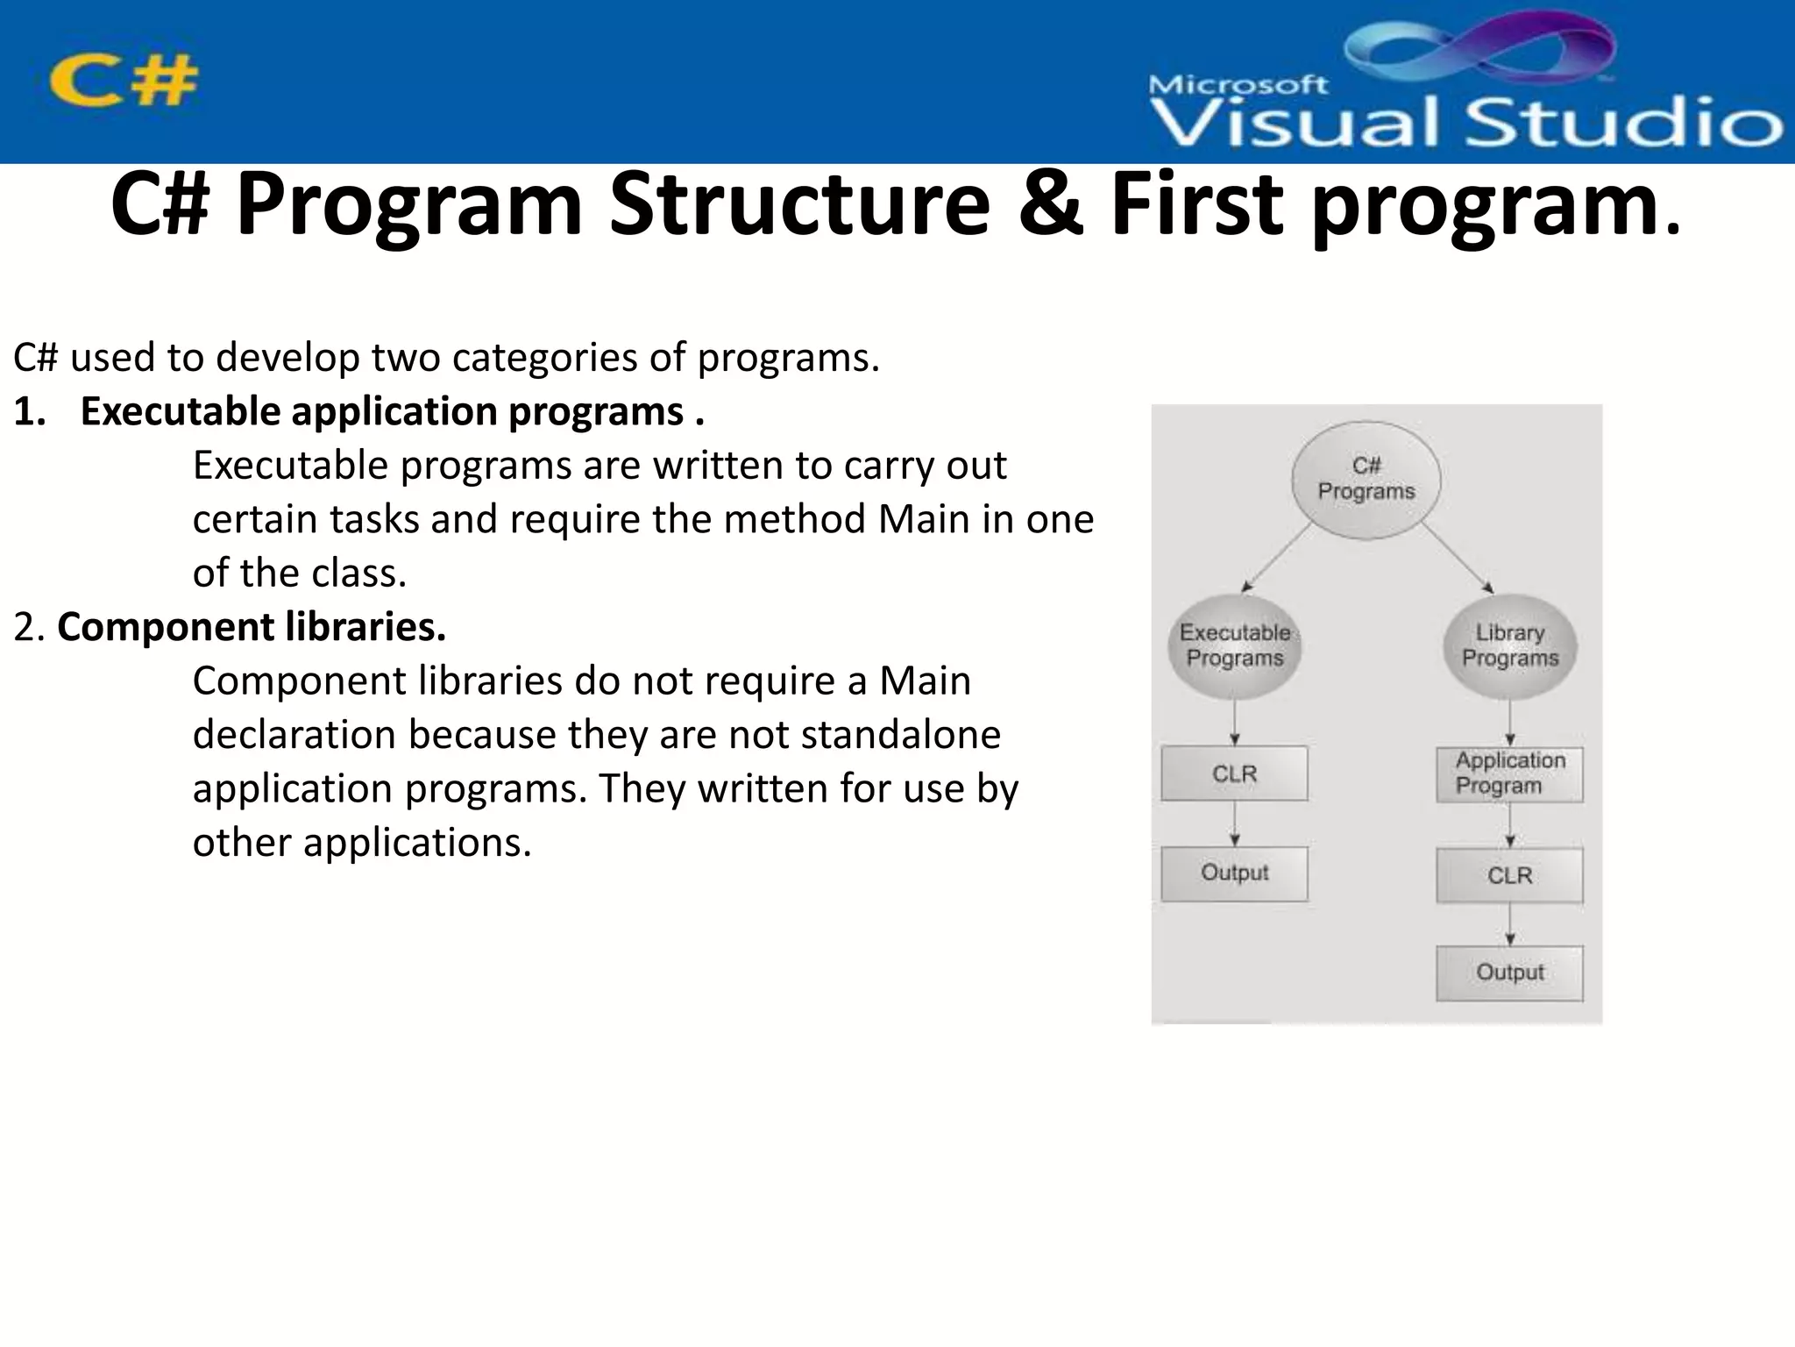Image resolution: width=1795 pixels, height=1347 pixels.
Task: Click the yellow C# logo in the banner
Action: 124,81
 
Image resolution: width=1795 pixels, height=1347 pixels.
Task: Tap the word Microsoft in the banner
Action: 1238,85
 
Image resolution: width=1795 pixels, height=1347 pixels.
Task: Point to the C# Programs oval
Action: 1366,479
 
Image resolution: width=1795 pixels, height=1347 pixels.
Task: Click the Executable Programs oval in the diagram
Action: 1234,646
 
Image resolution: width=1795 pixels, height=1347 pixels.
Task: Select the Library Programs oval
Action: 1509,646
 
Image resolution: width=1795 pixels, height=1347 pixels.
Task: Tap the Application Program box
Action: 1509,773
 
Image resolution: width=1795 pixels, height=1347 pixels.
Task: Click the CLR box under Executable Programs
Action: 1234,773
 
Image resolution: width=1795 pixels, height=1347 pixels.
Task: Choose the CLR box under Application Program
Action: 1509,875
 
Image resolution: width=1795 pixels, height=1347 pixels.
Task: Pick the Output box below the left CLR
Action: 1234,873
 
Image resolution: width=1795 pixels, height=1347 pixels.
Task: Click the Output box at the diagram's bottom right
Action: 1509,973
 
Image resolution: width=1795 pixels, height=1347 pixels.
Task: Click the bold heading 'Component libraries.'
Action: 252,627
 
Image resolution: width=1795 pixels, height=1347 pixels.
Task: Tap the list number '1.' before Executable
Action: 29,411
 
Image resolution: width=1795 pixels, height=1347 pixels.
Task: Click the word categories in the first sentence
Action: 543,358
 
